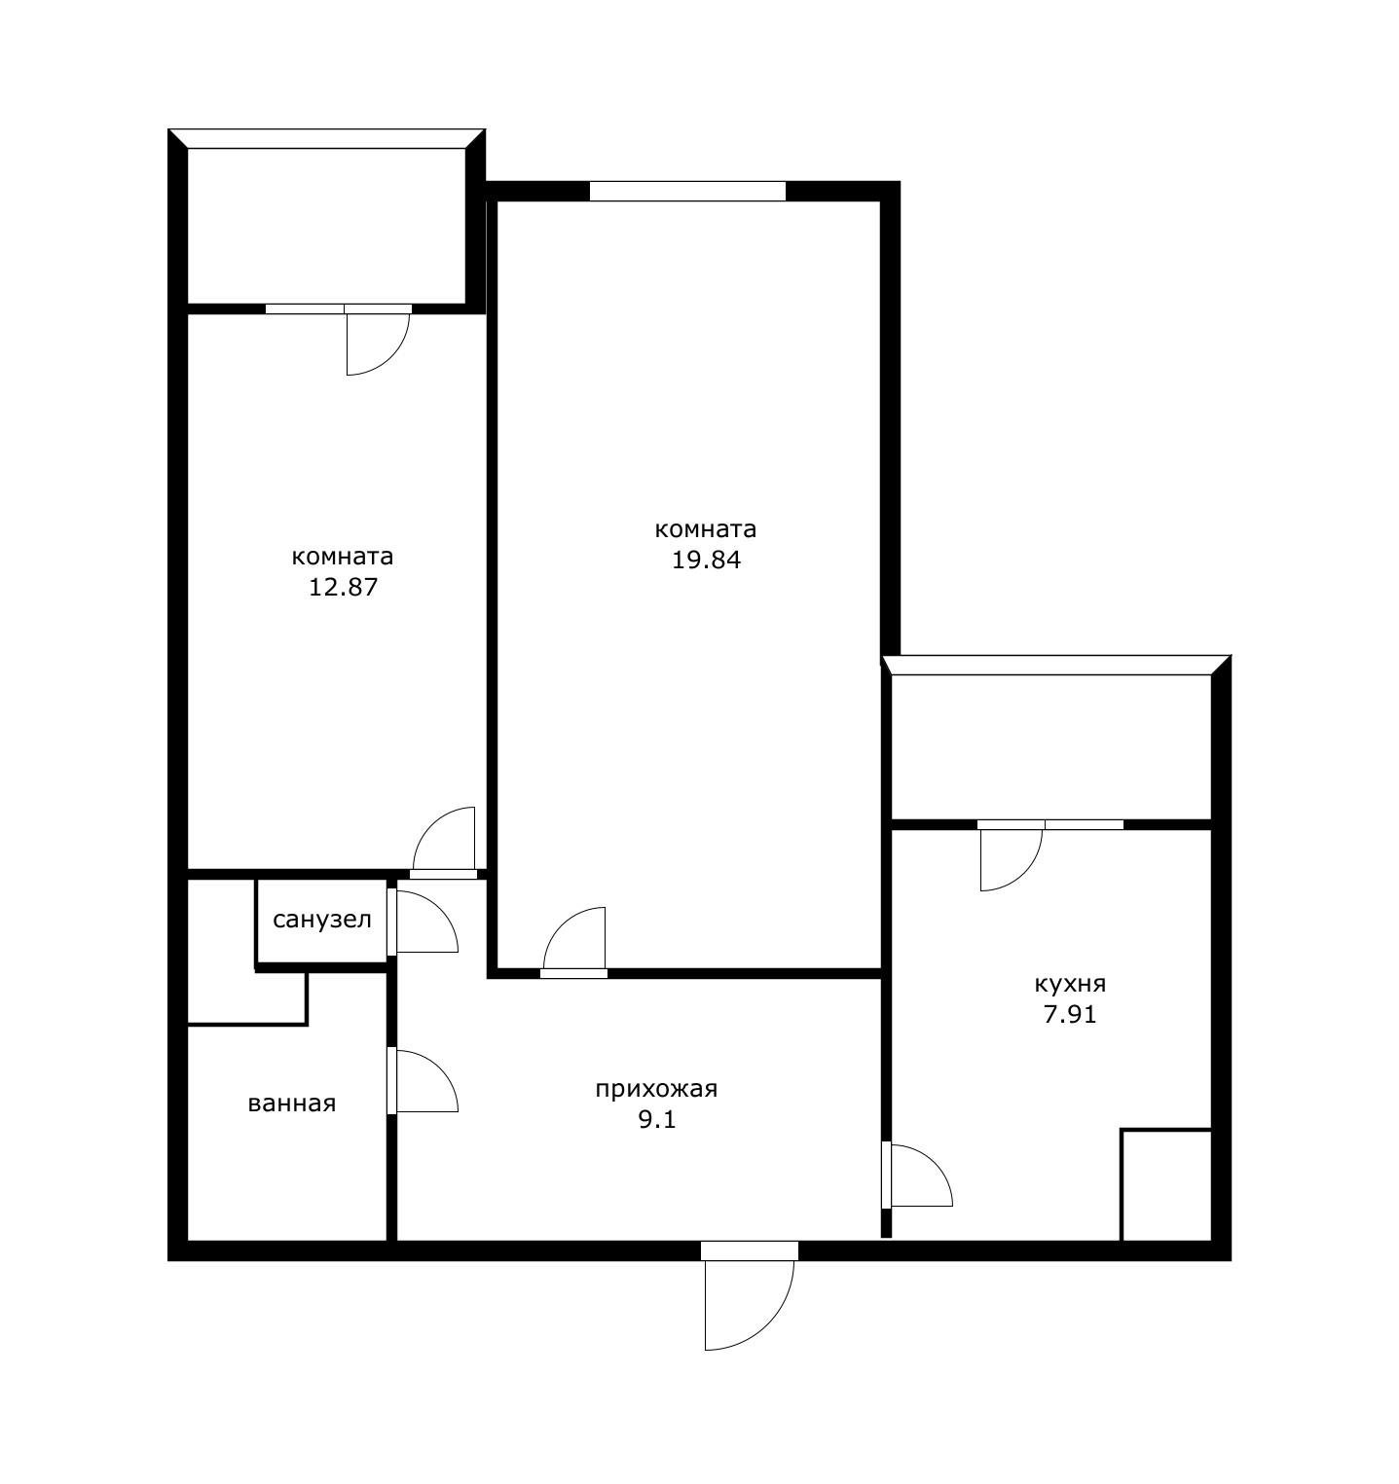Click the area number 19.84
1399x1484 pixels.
pos(706,560)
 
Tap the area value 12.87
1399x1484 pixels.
pos(343,587)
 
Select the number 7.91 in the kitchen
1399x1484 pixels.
pos(1070,1014)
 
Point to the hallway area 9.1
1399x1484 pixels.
pos(656,1119)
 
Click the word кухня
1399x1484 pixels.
pos(1070,984)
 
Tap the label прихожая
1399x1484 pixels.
pos(656,1089)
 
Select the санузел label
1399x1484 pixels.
pos(322,920)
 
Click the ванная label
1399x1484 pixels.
pos(292,1104)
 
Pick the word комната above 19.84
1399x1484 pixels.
pos(706,529)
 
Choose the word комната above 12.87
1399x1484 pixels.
pos(343,557)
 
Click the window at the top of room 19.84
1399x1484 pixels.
pos(687,191)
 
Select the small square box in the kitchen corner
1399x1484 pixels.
pos(1166,1185)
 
